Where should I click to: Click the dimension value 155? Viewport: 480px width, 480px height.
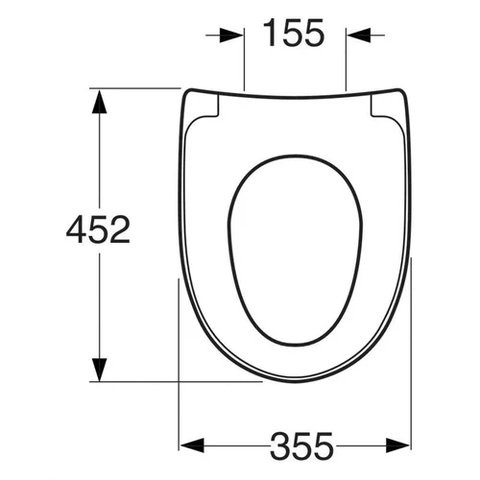pyautogui.click(x=294, y=33)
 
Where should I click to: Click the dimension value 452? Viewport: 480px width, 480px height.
pyautogui.click(x=98, y=229)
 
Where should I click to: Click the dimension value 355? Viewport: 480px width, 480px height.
pyautogui.click(x=301, y=445)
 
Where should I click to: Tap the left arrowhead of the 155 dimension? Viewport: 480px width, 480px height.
pyautogui.click(x=231, y=36)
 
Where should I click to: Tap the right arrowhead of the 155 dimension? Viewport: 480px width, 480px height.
pyautogui.click(x=359, y=36)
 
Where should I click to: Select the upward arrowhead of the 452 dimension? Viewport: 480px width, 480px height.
pyautogui.click(x=99, y=102)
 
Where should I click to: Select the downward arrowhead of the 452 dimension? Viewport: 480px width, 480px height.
pyautogui.click(x=99, y=370)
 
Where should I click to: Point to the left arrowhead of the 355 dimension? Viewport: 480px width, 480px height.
pyautogui.click(x=192, y=445)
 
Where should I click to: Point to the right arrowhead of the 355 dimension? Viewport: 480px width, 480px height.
pyautogui.click(x=397, y=445)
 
